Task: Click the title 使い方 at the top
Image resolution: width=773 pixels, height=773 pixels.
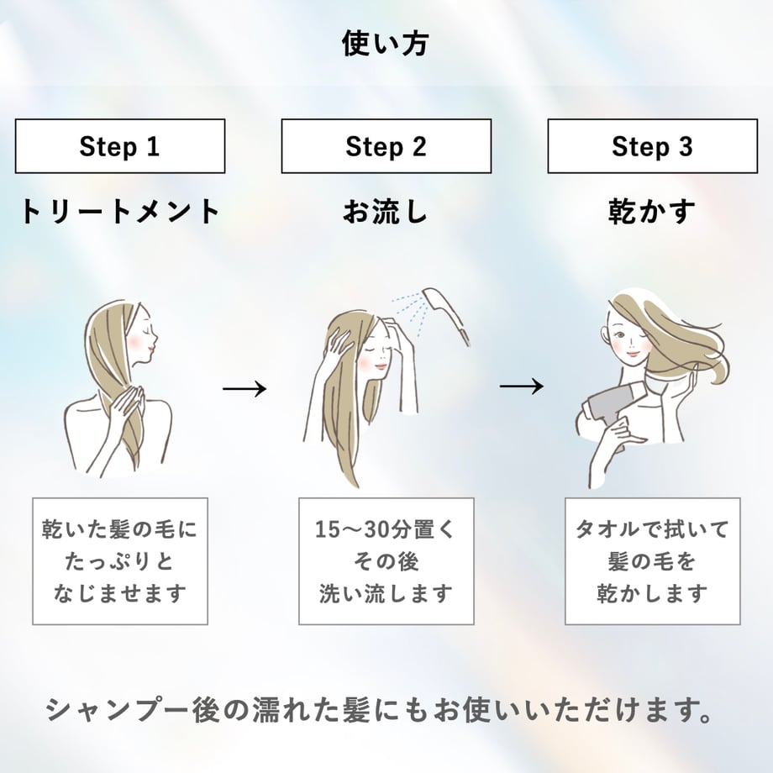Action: (x=386, y=44)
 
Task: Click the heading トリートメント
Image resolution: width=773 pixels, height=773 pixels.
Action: (x=120, y=212)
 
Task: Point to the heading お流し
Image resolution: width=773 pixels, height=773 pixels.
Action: (x=386, y=212)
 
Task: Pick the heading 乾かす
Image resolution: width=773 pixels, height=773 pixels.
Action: (x=652, y=212)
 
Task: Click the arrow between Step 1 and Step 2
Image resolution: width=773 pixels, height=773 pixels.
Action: (x=245, y=389)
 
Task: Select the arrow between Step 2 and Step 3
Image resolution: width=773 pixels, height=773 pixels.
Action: (x=522, y=386)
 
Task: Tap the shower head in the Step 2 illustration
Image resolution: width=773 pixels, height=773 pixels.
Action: (x=445, y=314)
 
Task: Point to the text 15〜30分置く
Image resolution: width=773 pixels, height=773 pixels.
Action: (x=386, y=530)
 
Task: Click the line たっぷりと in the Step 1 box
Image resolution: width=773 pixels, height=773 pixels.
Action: (x=120, y=561)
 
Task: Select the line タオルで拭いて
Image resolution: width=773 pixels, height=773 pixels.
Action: (x=652, y=530)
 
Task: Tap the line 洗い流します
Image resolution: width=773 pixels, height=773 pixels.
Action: (x=386, y=593)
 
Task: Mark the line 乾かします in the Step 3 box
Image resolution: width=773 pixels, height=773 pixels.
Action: (x=652, y=593)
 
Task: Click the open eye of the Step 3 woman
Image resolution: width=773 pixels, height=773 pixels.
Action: (x=621, y=334)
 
